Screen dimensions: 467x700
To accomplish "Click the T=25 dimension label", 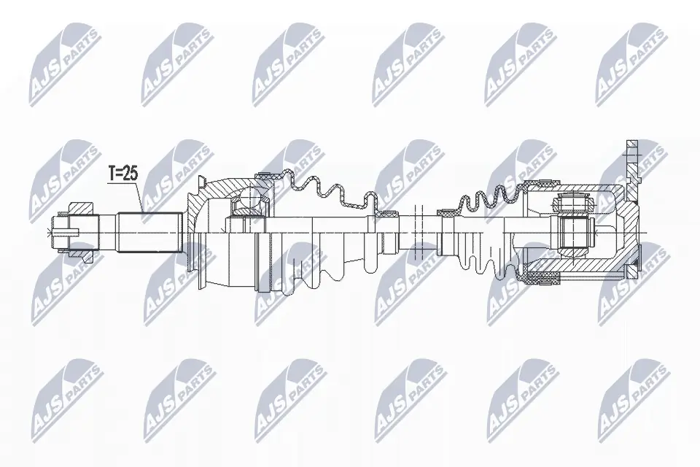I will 122,174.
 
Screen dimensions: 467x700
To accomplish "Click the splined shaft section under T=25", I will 149,231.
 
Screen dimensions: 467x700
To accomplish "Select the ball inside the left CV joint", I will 249,199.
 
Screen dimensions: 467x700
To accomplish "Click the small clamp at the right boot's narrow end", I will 445,213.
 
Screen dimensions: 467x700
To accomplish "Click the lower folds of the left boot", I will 321,270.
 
